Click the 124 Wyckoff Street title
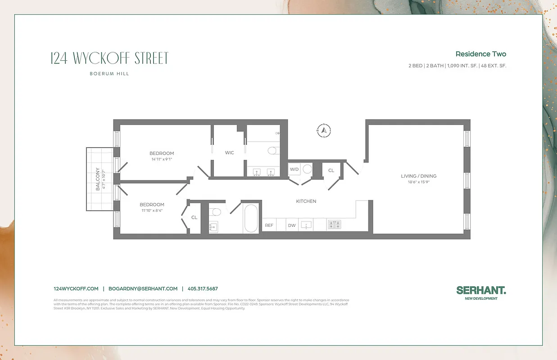[110, 58]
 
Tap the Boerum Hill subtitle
[110, 74]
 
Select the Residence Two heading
[480, 54]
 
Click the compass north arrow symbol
[324, 130]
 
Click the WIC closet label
[230, 153]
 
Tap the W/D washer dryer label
[294, 170]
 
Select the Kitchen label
[306, 201]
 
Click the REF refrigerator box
[269, 225]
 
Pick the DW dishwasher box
[292, 225]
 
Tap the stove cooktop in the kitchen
[335, 225]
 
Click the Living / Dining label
[418, 176]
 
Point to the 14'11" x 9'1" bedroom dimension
[162, 159]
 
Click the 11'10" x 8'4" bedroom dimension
[152, 210]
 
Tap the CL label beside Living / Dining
[331, 171]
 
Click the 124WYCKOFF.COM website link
[76, 289]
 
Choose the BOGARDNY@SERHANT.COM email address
[143, 289]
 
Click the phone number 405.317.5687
[203, 289]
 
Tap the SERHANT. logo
[481, 291]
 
